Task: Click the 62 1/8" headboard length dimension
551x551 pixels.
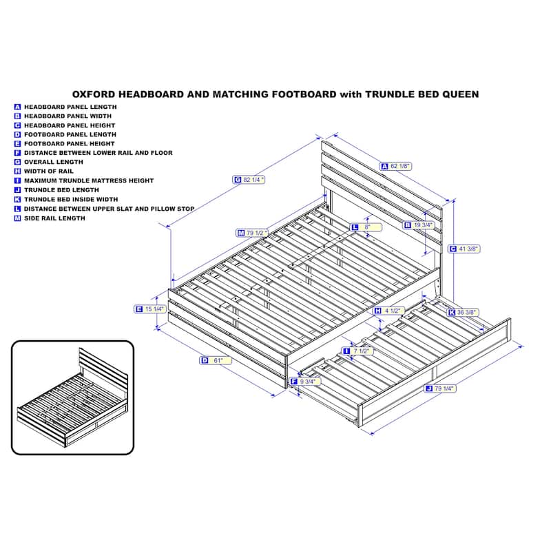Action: [x=396, y=166]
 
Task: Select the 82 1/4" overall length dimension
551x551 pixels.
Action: [x=249, y=180]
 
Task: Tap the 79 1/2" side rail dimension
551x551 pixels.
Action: [x=252, y=233]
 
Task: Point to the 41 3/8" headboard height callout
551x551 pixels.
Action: [x=464, y=249]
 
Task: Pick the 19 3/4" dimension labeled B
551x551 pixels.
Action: [x=419, y=225]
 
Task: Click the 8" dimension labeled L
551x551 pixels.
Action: [x=366, y=227]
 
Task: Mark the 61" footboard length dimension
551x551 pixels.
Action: [x=216, y=360]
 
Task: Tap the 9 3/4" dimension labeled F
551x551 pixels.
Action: [x=305, y=382]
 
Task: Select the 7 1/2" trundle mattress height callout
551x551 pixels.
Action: [x=357, y=351]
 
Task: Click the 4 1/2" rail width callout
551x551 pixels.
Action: [x=388, y=311]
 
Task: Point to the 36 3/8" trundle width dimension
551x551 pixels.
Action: [x=463, y=313]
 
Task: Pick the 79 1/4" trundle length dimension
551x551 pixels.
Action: [x=440, y=388]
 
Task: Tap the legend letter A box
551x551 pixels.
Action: [x=18, y=107]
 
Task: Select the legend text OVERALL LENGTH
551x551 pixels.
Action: [x=54, y=162]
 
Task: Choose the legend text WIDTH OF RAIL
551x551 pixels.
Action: [x=49, y=171]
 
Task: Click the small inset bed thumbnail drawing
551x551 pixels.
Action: [x=73, y=397]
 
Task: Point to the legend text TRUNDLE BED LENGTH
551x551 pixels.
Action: [x=61, y=190]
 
